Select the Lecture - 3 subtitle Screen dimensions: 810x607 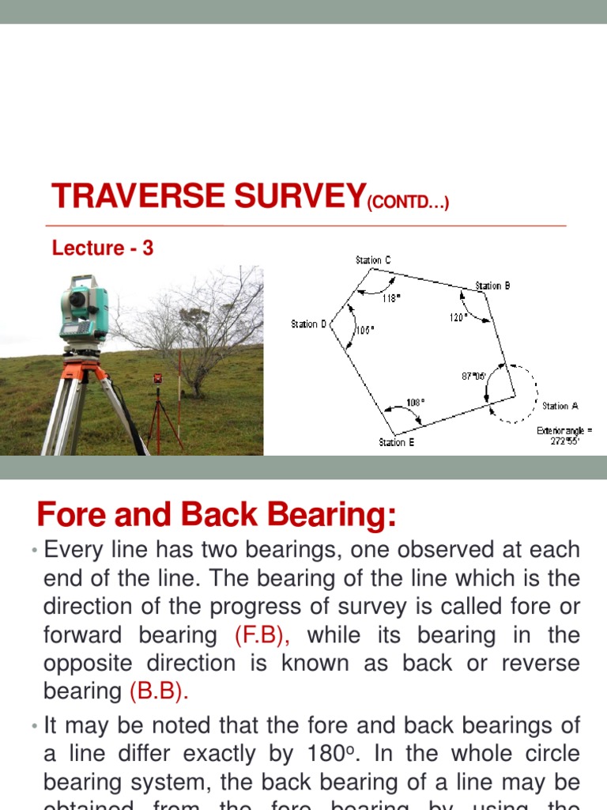point(103,248)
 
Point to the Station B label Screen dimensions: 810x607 point(492,286)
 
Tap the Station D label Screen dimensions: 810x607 point(308,324)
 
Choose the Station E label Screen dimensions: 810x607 point(397,443)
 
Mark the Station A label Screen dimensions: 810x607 point(560,406)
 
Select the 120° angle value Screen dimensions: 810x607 point(458,316)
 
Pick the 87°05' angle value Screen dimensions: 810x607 point(474,377)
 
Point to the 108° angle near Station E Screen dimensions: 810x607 point(416,403)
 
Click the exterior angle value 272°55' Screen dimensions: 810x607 point(564,441)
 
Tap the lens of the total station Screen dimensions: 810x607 point(77,299)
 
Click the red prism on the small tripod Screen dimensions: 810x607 point(157,378)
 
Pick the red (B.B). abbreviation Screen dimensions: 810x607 point(159,691)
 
